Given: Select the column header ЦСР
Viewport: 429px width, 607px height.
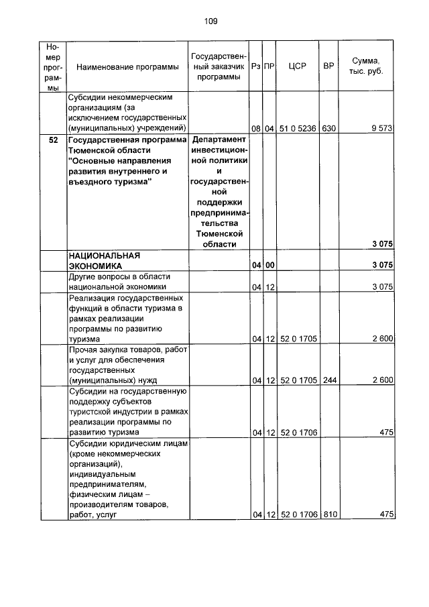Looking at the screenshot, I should [x=297, y=67].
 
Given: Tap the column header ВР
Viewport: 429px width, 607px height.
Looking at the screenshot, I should [x=328, y=67].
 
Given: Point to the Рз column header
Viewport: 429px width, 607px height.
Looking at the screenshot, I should [x=255, y=67].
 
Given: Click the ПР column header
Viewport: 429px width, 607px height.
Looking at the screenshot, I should [x=269, y=67].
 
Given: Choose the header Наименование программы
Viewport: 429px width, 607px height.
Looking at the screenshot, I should [x=127, y=67].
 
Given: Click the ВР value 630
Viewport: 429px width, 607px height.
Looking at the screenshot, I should [x=328, y=128].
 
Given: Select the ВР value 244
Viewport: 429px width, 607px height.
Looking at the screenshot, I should [x=328, y=380].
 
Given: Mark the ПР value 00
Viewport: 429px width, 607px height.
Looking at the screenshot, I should [x=269, y=266].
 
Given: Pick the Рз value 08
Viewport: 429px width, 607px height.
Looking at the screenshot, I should [x=255, y=128].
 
